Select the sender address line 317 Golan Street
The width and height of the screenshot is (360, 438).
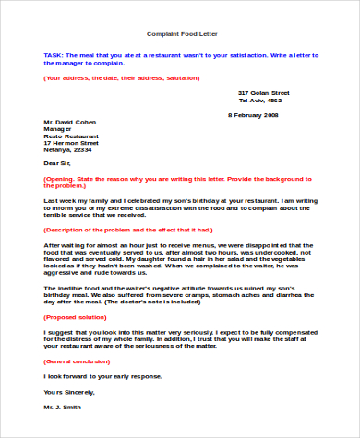(264, 93)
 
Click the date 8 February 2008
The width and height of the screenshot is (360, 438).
(253, 115)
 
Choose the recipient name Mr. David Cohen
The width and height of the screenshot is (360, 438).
(71, 121)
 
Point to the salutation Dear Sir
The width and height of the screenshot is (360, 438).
(58, 164)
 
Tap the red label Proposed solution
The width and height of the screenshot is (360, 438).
(78, 316)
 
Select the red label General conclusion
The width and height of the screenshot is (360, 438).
(80, 361)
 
